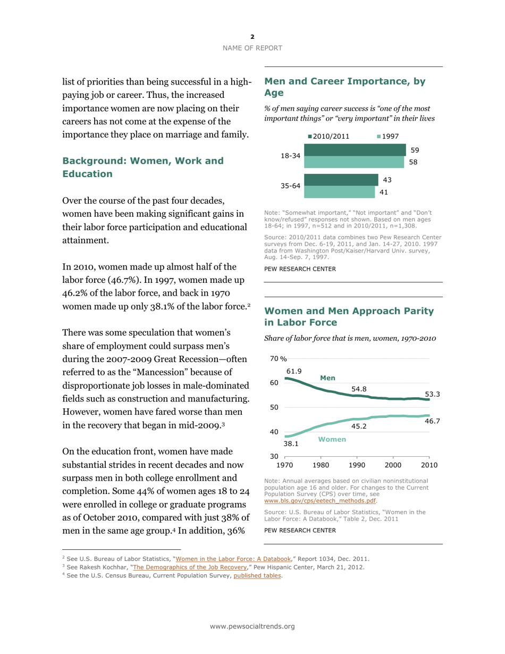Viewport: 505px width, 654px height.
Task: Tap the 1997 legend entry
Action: click(x=388, y=136)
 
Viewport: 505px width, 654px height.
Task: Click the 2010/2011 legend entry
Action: click(x=329, y=136)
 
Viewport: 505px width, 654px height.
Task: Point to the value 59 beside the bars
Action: click(x=416, y=150)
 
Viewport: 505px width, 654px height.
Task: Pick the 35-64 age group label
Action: click(x=290, y=187)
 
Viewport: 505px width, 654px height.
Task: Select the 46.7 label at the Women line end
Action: click(x=432, y=421)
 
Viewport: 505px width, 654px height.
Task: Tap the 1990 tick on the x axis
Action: click(x=357, y=465)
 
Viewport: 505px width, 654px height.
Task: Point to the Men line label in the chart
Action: click(x=327, y=378)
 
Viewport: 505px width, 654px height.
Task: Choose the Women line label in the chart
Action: click(x=332, y=439)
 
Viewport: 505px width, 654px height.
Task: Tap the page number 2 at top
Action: click(x=252, y=37)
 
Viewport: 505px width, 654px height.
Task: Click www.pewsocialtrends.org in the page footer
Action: click(x=252, y=626)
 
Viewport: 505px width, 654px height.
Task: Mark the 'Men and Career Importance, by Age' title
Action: click(x=345, y=87)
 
